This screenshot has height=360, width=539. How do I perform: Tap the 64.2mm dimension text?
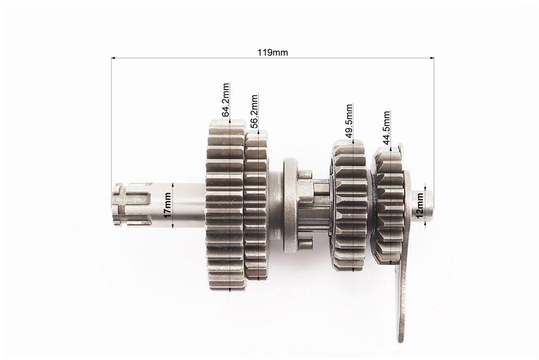[225, 100]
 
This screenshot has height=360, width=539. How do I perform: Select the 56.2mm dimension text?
[254, 112]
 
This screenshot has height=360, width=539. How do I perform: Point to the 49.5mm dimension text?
[349, 121]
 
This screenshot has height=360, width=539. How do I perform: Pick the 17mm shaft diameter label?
[168, 205]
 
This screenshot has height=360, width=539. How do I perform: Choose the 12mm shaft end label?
[420, 206]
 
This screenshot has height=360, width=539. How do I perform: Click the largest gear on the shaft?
[226, 206]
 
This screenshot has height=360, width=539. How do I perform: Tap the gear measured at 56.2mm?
[257, 205]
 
